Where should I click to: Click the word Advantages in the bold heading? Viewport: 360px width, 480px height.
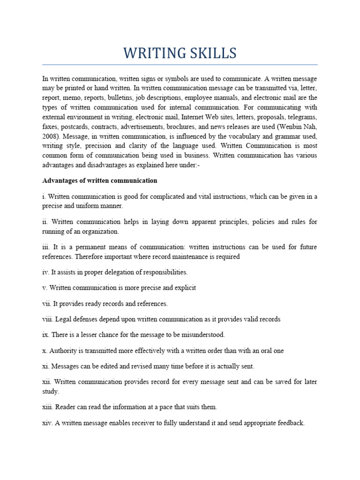[x=60, y=180]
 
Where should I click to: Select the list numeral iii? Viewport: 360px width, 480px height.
[x=46, y=247]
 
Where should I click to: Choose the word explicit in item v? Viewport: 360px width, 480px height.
[x=183, y=288]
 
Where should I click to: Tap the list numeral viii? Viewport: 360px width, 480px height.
[x=48, y=319]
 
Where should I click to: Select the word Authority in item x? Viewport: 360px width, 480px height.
[x=63, y=351]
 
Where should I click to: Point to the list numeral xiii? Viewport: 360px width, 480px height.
[x=48, y=407]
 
